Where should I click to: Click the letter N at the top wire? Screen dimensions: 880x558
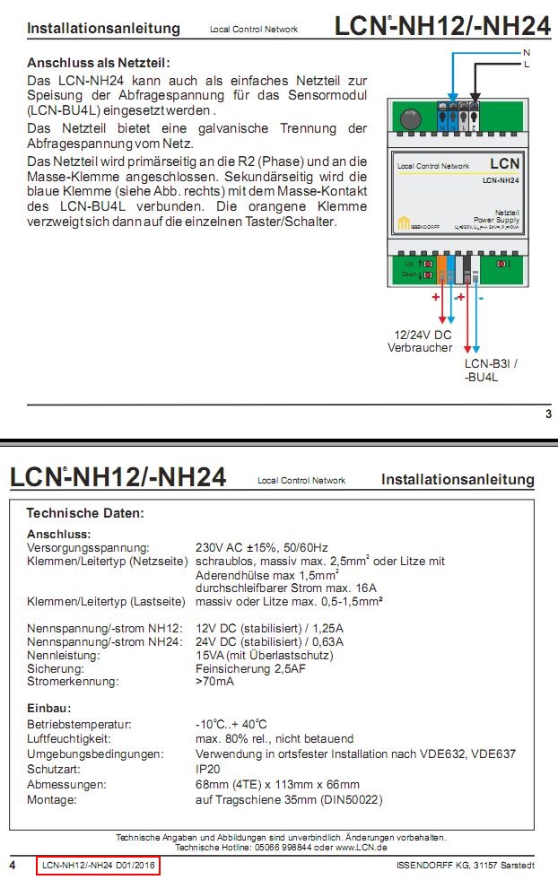coord(527,52)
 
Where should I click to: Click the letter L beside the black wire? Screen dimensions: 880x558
coord(527,65)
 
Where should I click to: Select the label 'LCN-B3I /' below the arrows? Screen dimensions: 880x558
coord(491,364)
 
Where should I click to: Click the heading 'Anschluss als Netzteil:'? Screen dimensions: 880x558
coord(98,63)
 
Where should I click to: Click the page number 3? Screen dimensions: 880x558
coord(548,414)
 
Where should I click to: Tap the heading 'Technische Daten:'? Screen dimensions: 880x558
coord(85,513)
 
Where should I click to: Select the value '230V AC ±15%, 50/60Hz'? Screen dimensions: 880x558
coord(262,547)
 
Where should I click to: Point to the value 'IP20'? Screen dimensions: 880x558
coord(207,770)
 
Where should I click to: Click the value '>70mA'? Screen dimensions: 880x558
coord(214,682)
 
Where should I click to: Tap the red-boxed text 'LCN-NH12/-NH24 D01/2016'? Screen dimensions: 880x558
coord(99,867)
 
